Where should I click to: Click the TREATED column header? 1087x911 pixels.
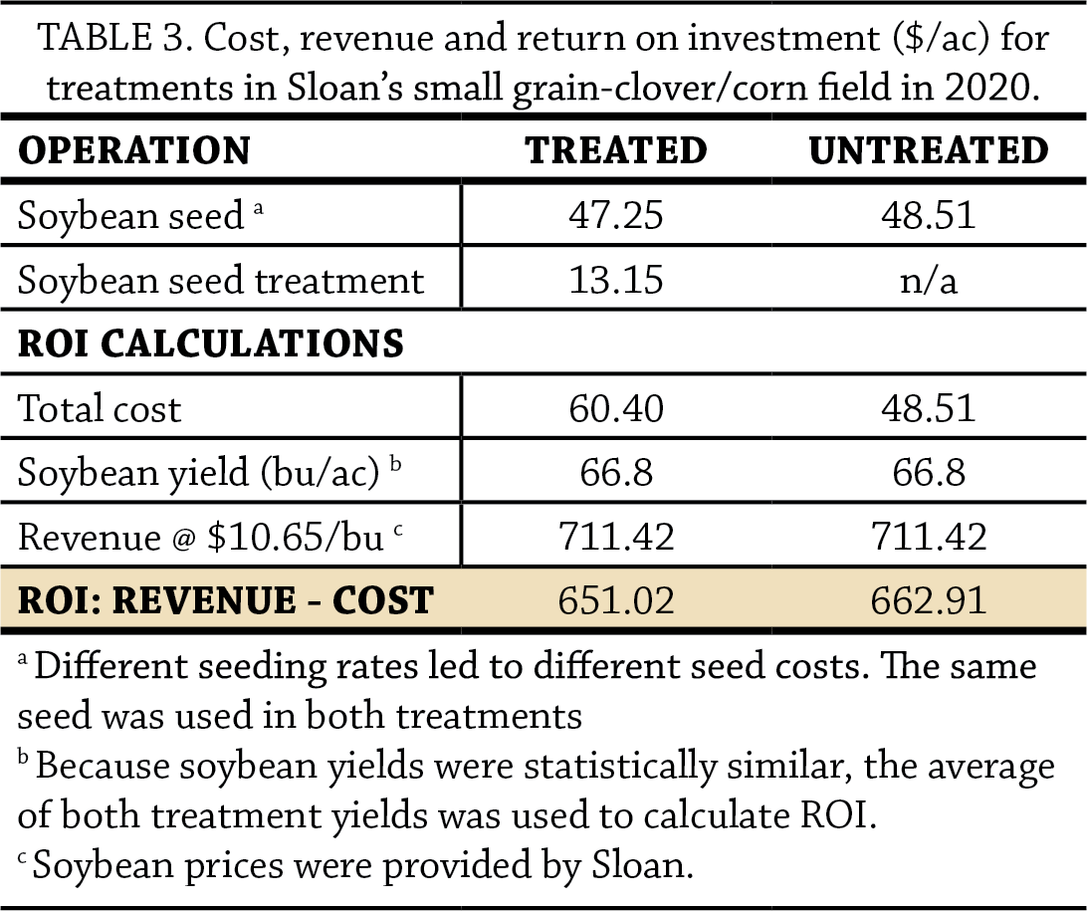(x=616, y=150)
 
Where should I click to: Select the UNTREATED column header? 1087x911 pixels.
(x=928, y=150)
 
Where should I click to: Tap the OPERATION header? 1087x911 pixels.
(x=134, y=150)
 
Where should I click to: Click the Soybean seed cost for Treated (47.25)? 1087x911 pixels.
(x=616, y=215)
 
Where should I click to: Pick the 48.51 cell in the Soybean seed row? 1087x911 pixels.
(x=928, y=215)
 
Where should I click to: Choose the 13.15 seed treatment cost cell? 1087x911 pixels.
(x=616, y=280)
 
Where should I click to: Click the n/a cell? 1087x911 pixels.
(x=928, y=280)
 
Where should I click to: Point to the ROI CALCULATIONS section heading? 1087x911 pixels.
(x=210, y=343)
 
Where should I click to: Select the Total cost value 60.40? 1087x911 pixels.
(x=616, y=408)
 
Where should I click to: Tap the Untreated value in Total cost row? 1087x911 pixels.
(x=928, y=408)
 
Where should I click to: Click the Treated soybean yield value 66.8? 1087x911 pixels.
(x=616, y=472)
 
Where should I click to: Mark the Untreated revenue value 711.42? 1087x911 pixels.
(x=928, y=537)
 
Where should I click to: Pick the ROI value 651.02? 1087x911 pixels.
(x=616, y=600)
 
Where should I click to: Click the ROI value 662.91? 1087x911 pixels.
(x=928, y=600)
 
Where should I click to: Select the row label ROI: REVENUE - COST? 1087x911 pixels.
(x=225, y=600)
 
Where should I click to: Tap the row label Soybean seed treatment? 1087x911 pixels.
(x=221, y=280)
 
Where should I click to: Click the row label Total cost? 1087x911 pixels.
(x=100, y=408)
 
